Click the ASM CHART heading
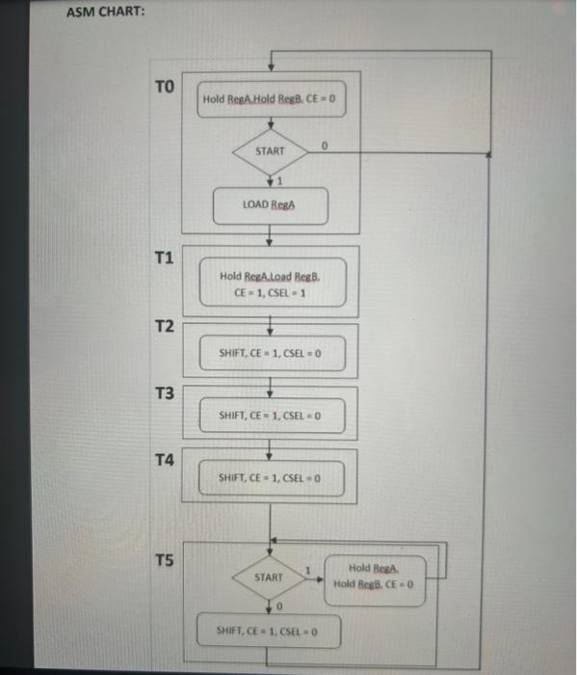pos(106,13)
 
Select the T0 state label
pos(164,88)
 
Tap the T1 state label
pos(164,257)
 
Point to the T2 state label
pos(165,328)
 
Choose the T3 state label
pos(165,393)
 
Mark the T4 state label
pos(165,460)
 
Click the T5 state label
pos(165,560)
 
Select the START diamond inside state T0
pos(271,151)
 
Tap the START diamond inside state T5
pos(269,577)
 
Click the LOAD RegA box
pos(270,204)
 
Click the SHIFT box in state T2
pos(270,352)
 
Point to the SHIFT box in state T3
pos(270,416)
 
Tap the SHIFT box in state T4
pos(270,478)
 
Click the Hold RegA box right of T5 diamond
pos(374,577)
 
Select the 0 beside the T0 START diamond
pos(326,146)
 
